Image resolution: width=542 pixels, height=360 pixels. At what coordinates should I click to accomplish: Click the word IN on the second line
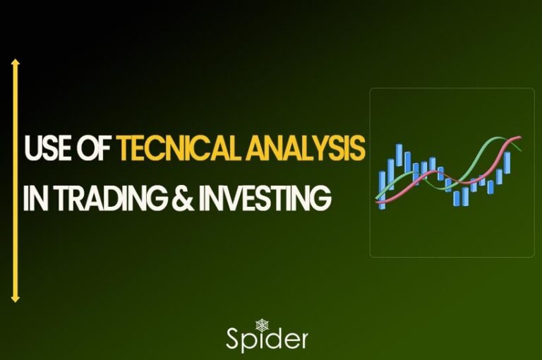pos(32,198)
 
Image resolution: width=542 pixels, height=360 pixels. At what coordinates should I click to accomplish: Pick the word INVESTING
pos(258,198)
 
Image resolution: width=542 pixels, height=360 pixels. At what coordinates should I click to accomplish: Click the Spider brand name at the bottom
pos(267,338)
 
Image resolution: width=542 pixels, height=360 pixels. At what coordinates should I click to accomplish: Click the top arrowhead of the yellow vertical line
pos(16,64)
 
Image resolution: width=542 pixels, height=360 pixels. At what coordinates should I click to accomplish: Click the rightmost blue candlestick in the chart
pos(507,163)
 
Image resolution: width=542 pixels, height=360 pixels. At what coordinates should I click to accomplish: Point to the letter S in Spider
pos(234,338)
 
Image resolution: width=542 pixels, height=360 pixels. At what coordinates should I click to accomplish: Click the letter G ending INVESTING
pos(322,198)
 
